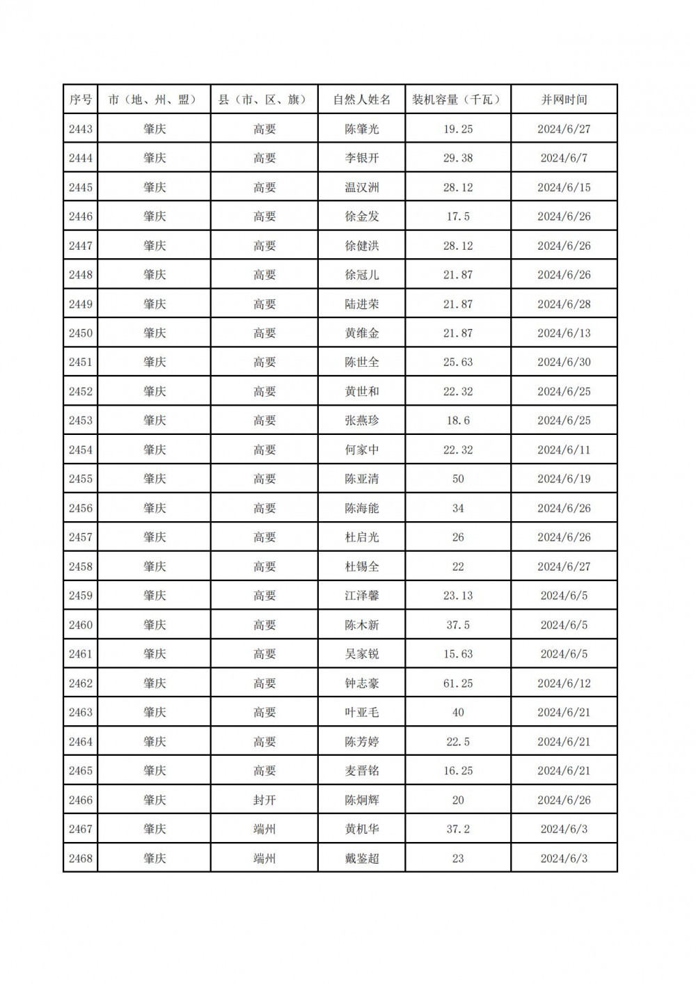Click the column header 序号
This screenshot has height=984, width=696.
(x=81, y=100)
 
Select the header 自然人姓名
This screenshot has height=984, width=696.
(x=362, y=100)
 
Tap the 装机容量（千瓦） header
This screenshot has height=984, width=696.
(x=457, y=100)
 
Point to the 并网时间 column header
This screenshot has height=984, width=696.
(x=564, y=100)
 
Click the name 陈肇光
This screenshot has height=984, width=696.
(x=362, y=129)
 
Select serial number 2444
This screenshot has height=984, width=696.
(x=81, y=158)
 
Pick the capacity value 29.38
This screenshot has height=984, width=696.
(x=457, y=158)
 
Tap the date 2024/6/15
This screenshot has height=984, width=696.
(x=564, y=187)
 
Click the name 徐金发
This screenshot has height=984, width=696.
(x=362, y=216)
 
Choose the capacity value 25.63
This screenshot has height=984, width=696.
(x=457, y=362)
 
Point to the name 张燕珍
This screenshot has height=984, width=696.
(x=362, y=420)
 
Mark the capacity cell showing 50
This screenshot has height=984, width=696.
(x=457, y=479)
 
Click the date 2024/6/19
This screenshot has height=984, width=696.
(x=564, y=479)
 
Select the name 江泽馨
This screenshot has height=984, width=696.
(x=362, y=596)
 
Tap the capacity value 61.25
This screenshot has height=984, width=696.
(x=457, y=683)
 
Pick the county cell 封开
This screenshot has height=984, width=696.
(x=264, y=800)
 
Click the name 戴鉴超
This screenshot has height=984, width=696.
(x=362, y=859)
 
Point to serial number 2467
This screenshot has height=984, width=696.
(x=81, y=830)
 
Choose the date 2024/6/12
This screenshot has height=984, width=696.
(x=564, y=683)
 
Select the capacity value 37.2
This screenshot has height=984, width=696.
(x=457, y=830)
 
